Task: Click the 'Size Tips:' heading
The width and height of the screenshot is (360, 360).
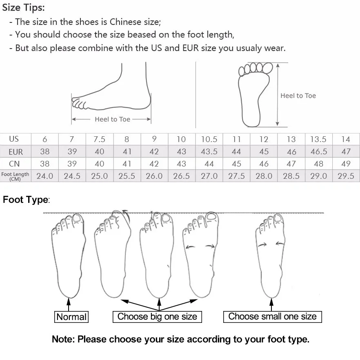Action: click(24, 7)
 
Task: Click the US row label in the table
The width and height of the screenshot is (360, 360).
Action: click(14, 139)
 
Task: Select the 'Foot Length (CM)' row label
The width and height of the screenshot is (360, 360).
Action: click(15, 176)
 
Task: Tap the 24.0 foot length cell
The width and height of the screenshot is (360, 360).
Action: click(45, 176)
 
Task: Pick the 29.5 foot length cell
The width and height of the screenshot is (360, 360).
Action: click(346, 176)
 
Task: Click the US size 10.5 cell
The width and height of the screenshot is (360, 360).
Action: click(209, 139)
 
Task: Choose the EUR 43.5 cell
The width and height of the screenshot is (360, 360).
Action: click(209, 152)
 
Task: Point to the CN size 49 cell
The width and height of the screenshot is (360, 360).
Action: click(346, 164)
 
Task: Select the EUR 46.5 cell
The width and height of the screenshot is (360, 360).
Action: click(318, 152)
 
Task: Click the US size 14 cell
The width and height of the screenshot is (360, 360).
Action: click(346, 139)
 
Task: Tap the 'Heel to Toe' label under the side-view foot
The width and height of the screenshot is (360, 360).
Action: click(112, 120)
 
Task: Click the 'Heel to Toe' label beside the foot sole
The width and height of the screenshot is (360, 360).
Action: click(298, 96)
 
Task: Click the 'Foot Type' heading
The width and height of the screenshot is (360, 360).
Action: click(26, 200)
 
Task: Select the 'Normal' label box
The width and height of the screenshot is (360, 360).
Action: click(71, 317)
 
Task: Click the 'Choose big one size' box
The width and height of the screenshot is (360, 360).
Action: click(157, 317)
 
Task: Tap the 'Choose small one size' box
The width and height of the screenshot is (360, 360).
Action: click(272, 317)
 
